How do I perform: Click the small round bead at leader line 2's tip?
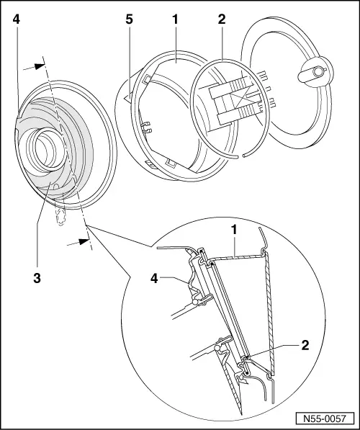tap(246, 356)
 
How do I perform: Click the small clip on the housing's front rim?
tap(146, 128)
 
